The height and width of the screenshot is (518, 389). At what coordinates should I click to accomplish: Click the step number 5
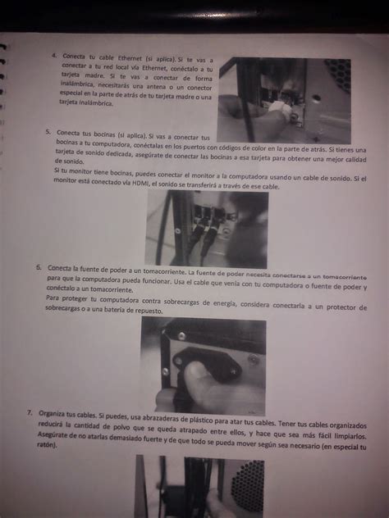click(49, 131)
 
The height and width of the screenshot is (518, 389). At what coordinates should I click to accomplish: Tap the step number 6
click(40, 267)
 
